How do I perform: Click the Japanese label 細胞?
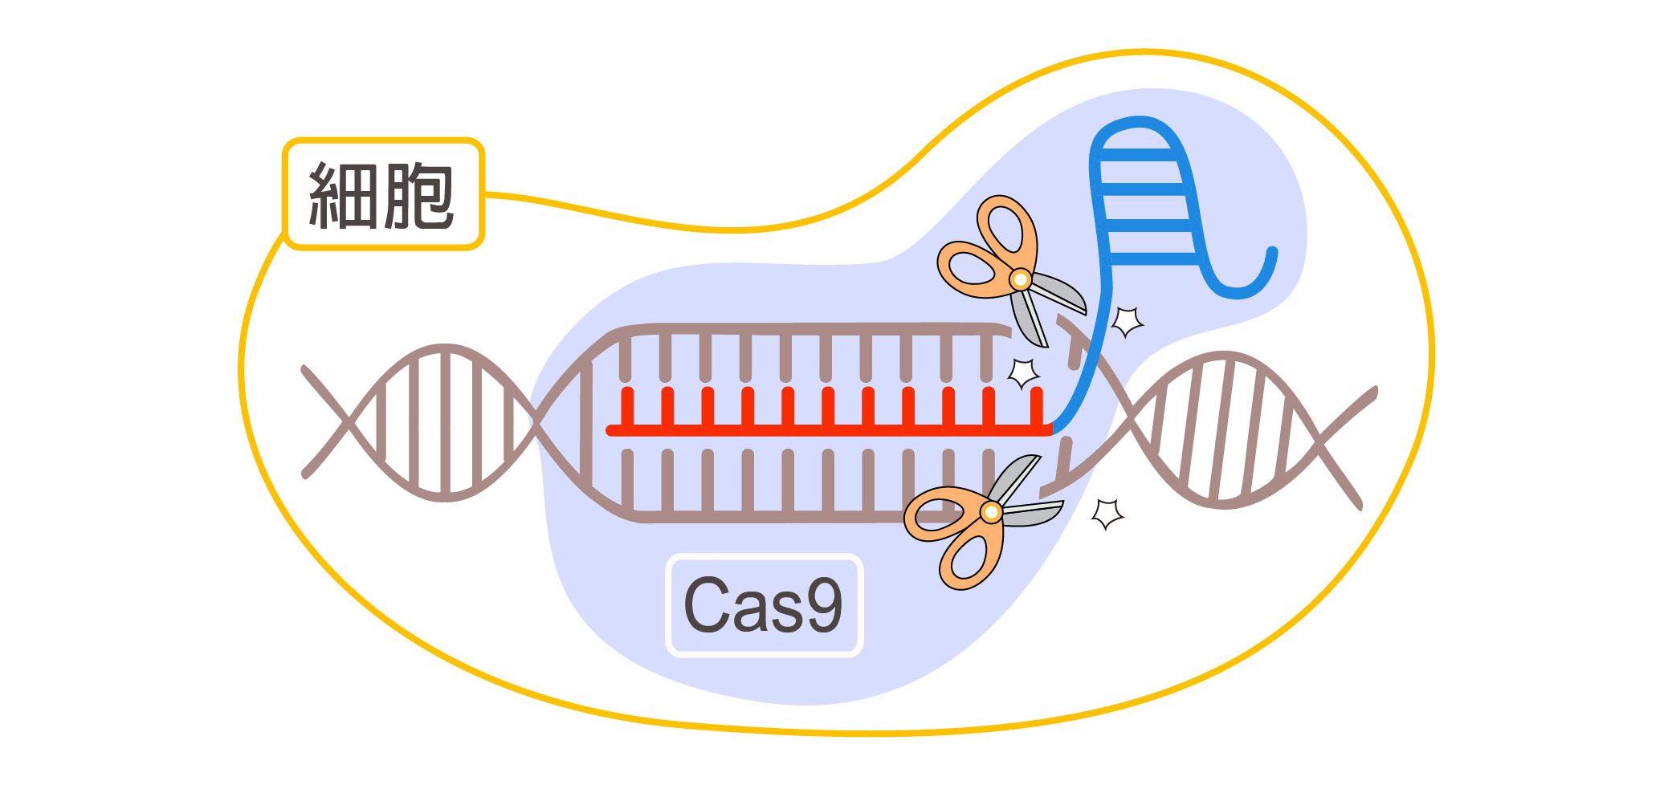pos(383,195)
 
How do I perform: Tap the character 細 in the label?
pos(344,195)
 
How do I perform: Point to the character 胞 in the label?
pos(420,195)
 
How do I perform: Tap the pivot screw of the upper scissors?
pos(1020,279)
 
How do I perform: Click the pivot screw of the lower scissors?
pos(991,511)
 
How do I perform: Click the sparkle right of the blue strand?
pos(1127,321)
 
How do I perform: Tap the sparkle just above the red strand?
pos(1023,372)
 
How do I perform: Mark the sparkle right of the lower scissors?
pos(1108,513)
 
